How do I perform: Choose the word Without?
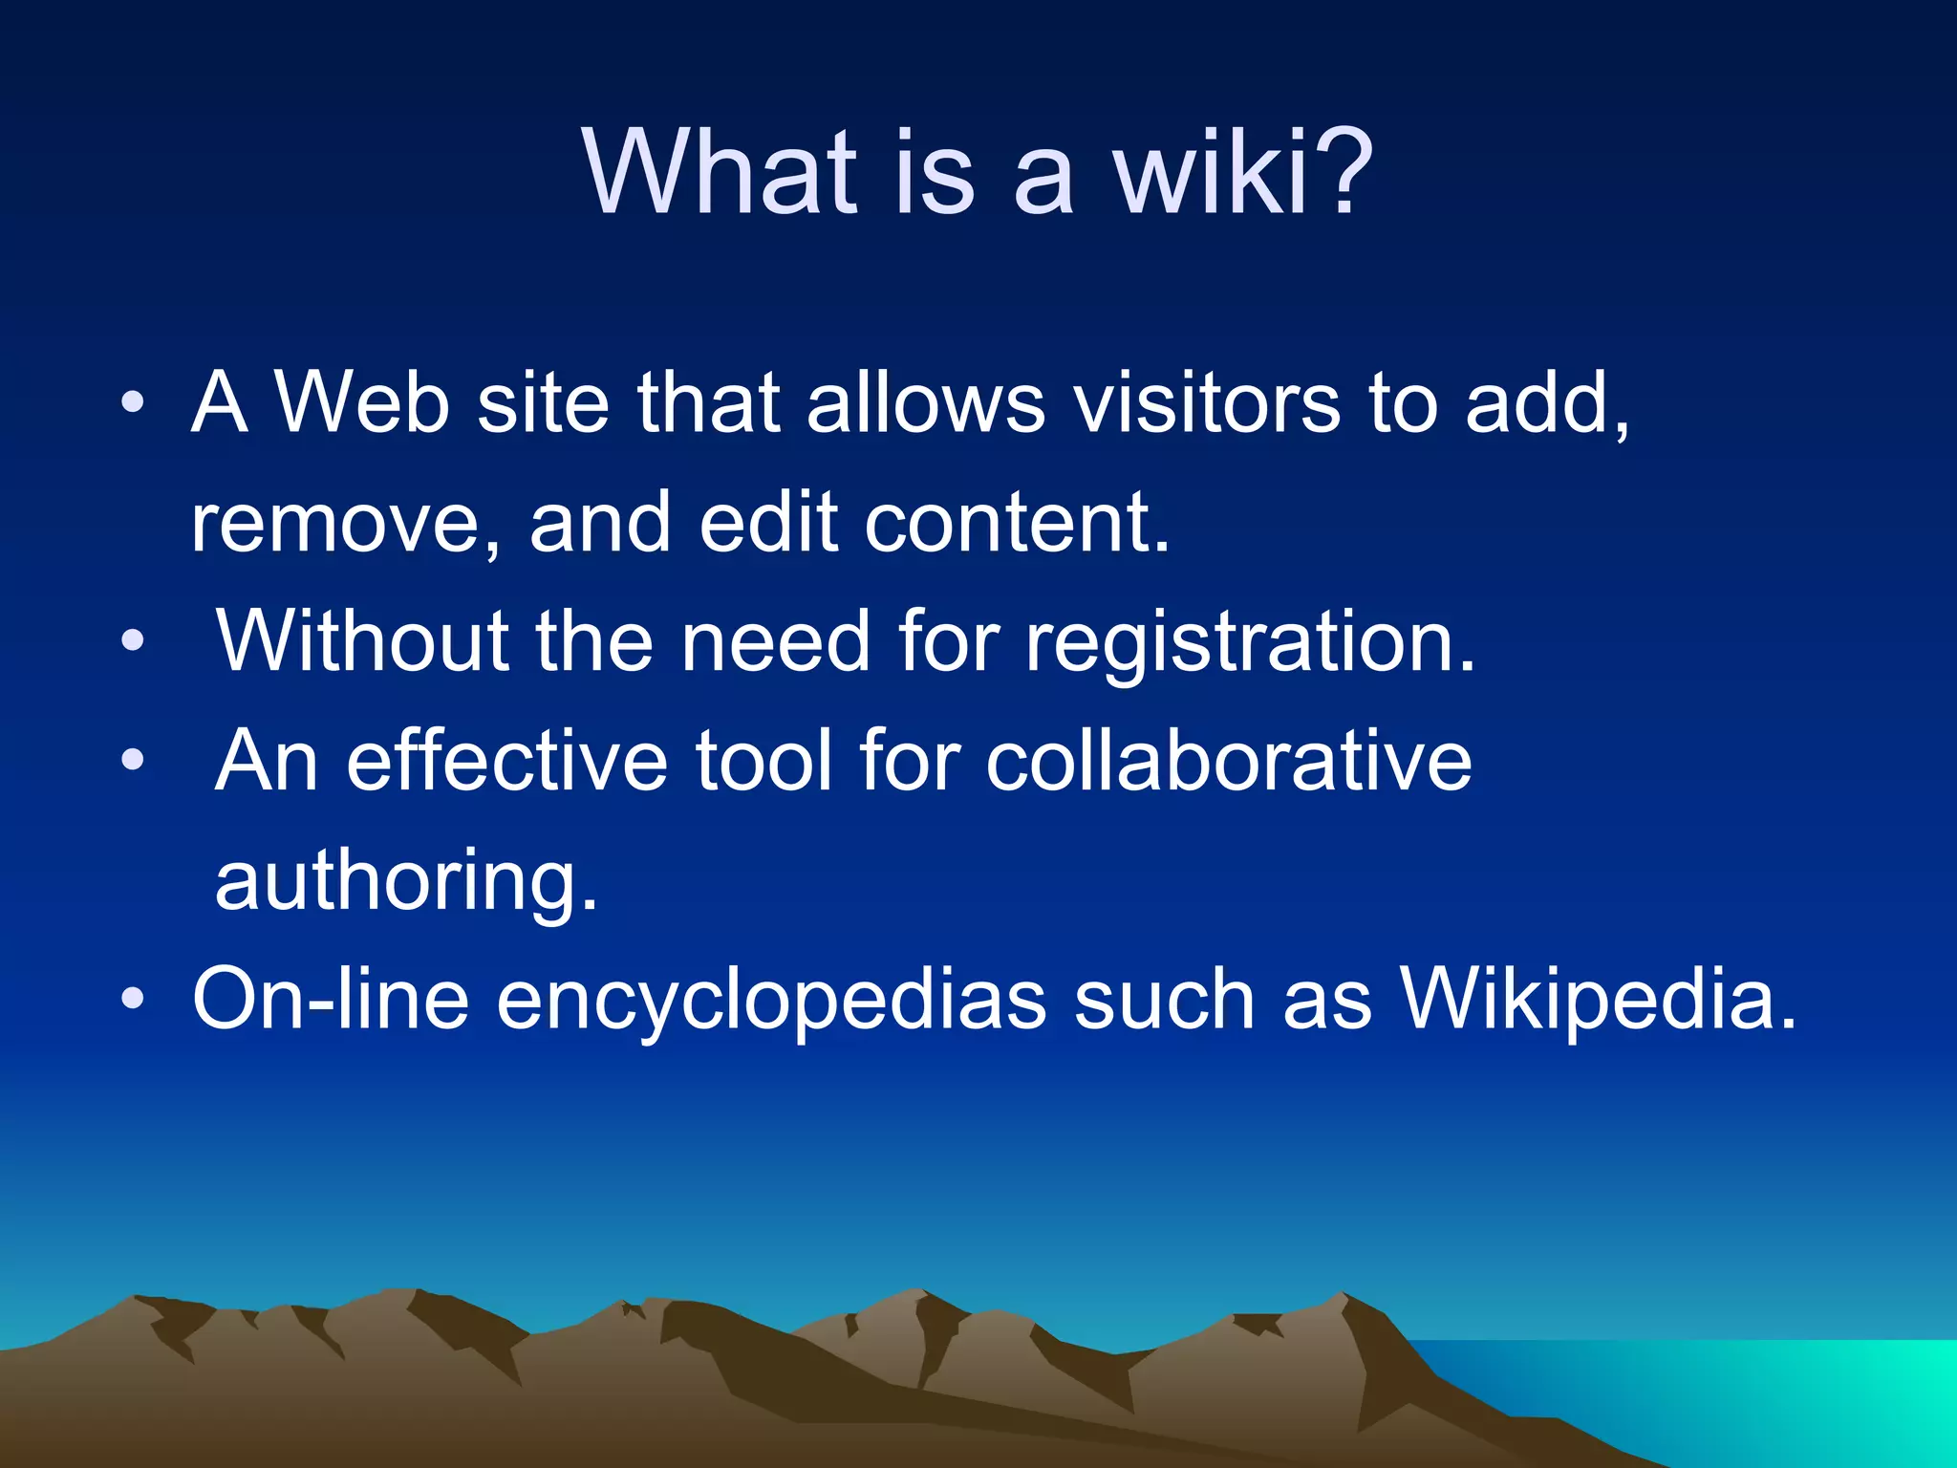pyautogui.click(x=362, y=642)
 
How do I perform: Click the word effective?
pyautogui.click(x=506, y=762)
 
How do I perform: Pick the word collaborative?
pyautogui.click(x=1228, y=762)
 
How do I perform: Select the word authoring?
pyautogui.click(x=406, y=881)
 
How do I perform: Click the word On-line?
pyautogui.click(x=331, y=1000)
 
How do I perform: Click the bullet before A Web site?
pyautogui.click(x=133, y=402)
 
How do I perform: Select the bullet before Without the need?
pyautogui.click(x=133, y=641)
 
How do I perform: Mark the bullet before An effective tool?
pyautogui.click(x=133, y=761)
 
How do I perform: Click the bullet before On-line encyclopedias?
pyautogui.click(x=133, y=1000)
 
